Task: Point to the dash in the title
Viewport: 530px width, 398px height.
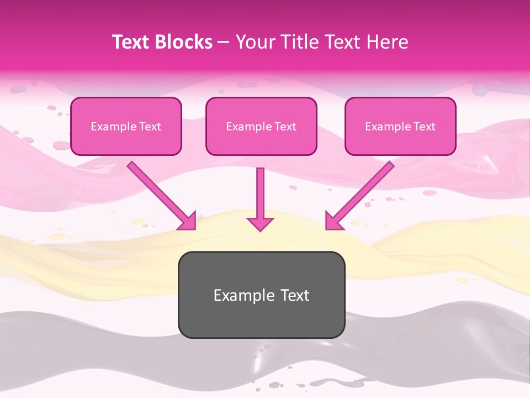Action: click(224, 43)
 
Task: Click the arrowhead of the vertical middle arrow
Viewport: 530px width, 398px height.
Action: click(260, 223)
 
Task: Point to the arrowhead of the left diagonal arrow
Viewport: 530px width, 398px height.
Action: click(188, 222)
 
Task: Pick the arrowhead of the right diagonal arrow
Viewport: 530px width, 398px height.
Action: click(333, 222)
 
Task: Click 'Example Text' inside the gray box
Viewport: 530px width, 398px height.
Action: click(261, 295)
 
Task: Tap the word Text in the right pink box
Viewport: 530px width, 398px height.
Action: click(424, 127)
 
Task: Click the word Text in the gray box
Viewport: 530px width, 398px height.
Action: click(294, 295)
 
